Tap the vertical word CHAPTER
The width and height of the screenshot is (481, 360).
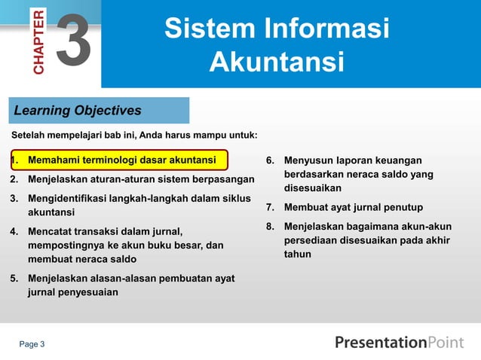pos(39,41)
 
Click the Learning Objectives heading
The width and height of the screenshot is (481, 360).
pos(78,111)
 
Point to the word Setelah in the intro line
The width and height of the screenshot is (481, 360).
pos(28,136)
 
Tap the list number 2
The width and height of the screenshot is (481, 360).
pos(14,180)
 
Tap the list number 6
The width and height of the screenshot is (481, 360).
pos(269,160)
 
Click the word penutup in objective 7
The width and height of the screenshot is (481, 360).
pos(402,207)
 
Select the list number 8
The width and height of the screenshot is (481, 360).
pos(269,226)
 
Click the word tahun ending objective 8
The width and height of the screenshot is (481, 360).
pos(297,254)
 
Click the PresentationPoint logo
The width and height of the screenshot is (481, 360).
pos(399,343)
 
